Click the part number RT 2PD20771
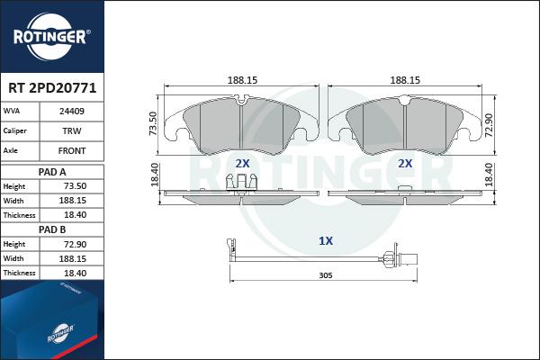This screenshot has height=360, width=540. [x=52, y=88]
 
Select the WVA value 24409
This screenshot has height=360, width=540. [x=72, y=112]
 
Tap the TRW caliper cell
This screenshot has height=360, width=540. [x=72, y=130]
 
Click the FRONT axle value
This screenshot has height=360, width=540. [x=72, y=151]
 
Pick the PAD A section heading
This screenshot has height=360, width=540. [x=52, y=172]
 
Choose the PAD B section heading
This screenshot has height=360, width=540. [x=52, y=229]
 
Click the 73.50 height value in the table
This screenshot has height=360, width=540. [x=75, y=186]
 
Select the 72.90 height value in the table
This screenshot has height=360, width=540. [x=75, y=244]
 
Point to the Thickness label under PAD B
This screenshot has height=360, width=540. [x=19, y=273]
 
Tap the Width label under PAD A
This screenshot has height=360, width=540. [x=13, y=201]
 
